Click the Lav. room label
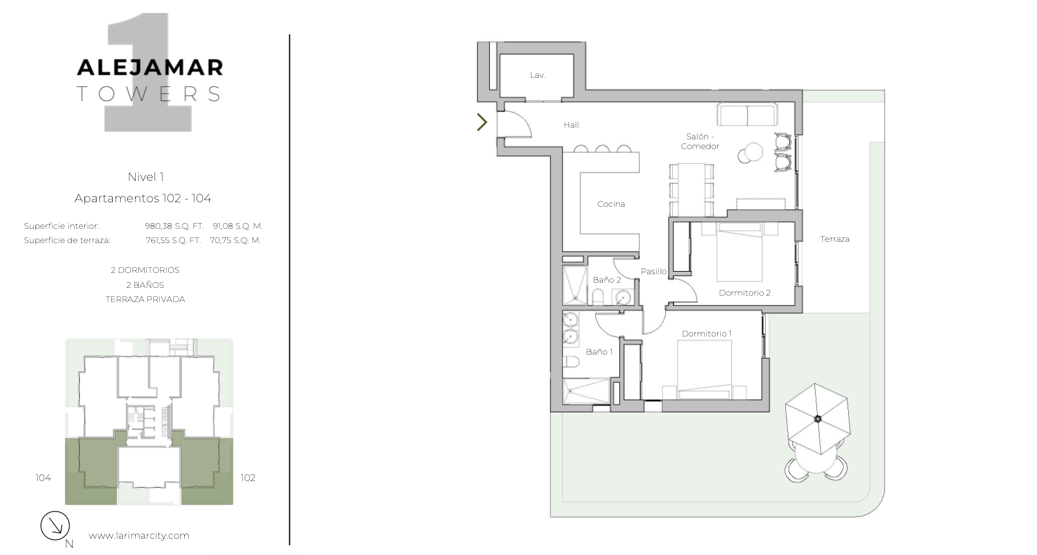[x=537, y=75]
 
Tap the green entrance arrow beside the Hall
[x=482, y=122]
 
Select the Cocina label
[x=611, y=204]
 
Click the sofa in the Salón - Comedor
[x=747, y=114]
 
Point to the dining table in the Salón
[x=691, y=189]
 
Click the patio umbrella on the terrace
[x=818, y=419]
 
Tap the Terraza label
[x=835, y=239]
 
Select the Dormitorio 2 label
[x=744, y=293]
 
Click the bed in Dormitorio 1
[x=705, y=370]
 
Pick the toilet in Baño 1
[x=569, y=361]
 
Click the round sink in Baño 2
[x=623, y=297]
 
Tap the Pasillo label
[x=653, y=272]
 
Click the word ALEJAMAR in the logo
[x=149, y=67]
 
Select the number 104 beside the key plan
[x=43, y=478]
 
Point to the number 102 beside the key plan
[x=248, y=478]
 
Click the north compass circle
[x=55, y=525]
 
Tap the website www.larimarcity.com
[x=139, y=536]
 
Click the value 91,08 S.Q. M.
[x=238, y=226]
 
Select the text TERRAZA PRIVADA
[x=145, y=300]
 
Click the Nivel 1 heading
[x=146, y=176]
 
